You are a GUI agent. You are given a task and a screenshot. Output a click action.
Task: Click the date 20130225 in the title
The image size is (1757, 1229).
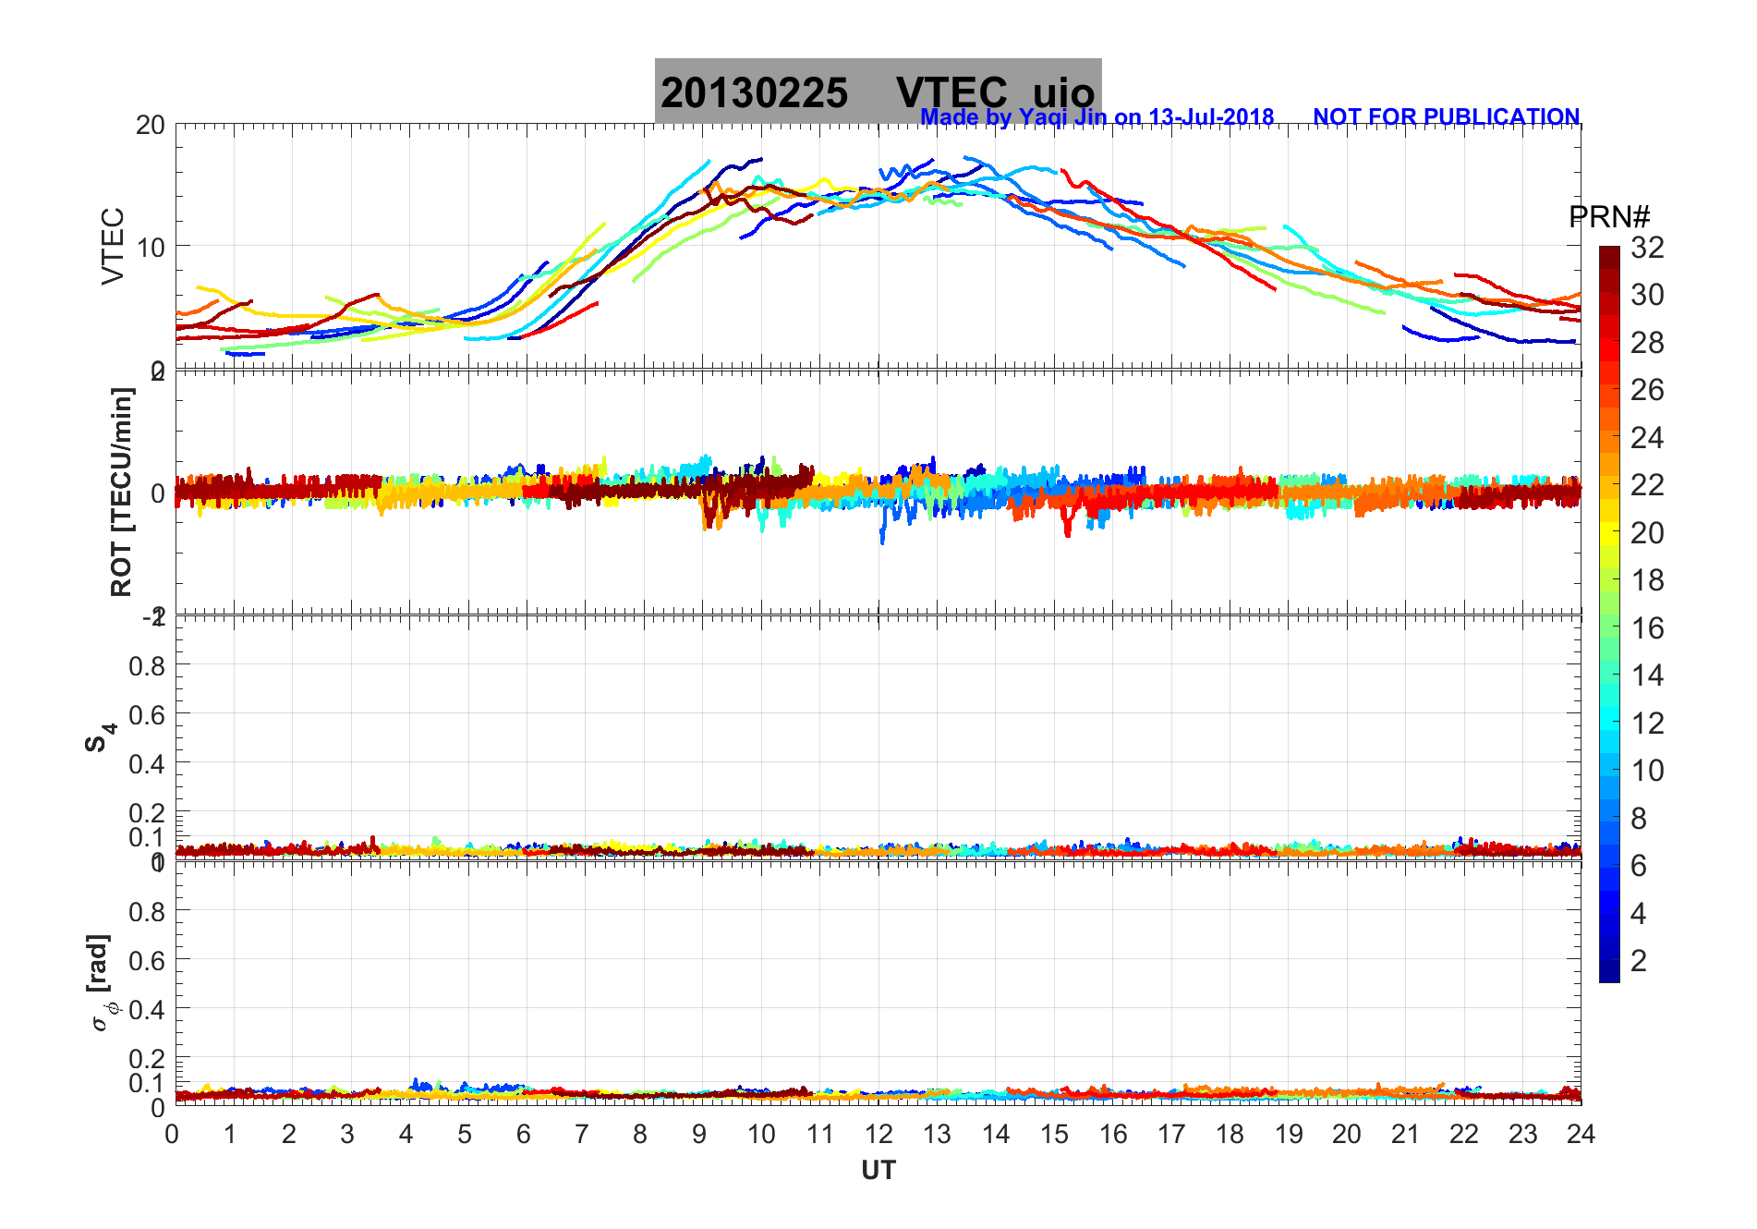click(754, 93)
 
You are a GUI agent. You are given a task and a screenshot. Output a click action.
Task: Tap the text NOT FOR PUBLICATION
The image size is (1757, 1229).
click(1446, 117)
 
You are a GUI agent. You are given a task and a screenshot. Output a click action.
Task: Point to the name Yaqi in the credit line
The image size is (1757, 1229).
click(1040, 117)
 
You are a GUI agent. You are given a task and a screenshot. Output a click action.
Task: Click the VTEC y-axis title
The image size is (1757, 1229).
click(113, 246)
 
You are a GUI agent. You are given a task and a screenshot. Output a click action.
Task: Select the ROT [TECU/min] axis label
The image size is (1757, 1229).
click(121, 492)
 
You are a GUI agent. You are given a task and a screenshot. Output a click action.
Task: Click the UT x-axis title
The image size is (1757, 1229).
click(878, 1171)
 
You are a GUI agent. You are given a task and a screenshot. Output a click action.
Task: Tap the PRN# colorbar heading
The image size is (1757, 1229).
click(1609, 217)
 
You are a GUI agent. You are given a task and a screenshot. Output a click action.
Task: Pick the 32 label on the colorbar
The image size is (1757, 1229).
click(1647, 248)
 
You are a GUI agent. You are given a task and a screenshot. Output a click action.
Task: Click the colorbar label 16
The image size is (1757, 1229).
click(1647, 628)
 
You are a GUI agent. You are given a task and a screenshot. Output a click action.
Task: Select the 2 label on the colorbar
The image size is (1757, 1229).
click(1639, 961)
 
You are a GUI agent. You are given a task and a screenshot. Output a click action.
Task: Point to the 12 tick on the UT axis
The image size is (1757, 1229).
click(878, 1134)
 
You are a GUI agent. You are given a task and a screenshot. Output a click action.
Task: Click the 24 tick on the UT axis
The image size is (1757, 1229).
click(1581, 1134)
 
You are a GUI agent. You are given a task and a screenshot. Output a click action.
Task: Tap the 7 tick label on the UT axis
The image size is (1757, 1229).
click(582, 1134)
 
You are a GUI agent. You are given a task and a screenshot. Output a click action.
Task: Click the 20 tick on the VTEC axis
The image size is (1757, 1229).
click(150, 126)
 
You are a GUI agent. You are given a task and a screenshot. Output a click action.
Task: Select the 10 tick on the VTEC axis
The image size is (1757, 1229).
click(150, 248)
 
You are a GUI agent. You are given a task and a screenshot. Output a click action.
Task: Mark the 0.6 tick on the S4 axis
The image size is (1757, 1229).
click(147, 714)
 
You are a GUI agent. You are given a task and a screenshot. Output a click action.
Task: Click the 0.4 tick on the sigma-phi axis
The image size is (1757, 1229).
click(147, 1009)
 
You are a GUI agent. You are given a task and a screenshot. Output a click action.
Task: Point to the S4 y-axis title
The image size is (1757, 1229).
click(100, 737)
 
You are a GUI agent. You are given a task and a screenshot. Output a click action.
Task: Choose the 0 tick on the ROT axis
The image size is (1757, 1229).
click(158, 493)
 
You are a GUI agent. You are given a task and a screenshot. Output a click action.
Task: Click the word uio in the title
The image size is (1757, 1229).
click(1063, 93)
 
